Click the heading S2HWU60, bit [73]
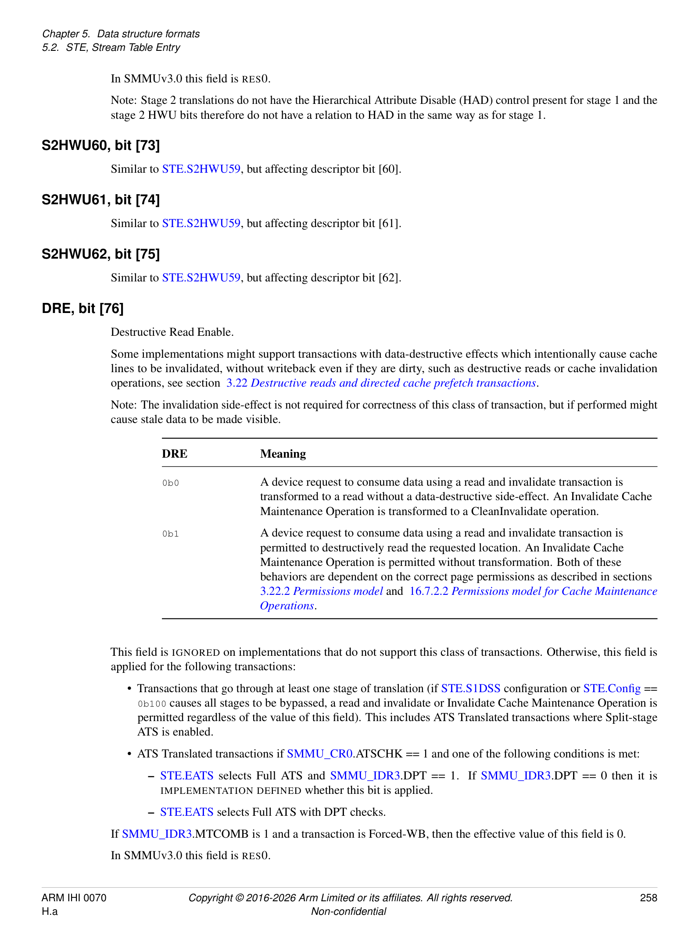click(x=100, y=146)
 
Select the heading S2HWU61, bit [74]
click(x=100, y=200)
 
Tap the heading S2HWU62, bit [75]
click(x=100, y=254)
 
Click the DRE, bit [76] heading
click(x=82, y=309)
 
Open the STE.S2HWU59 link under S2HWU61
click(x=201, y=224)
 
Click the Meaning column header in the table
click(x=283, y=454)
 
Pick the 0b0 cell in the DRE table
click(x=171, y=483)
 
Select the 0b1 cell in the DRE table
click(x=171, y=534)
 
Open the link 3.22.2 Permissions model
click(x=321, y=591)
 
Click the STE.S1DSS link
click(x=470, y=689)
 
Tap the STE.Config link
click(x=612, y=689)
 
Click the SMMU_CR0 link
click(x=319, y=754)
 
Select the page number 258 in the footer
click(x=648, y=898)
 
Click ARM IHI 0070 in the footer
click(x=74, y=898)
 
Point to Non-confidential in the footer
click(x=348, y=911)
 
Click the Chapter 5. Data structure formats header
click(x=121, y=34)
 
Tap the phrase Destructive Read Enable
click(x=172, y=332)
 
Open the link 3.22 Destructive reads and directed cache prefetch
click(x=381, y=383)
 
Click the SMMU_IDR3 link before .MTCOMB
click(x=157, y=834)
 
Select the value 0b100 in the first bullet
click(x=152, y=704)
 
